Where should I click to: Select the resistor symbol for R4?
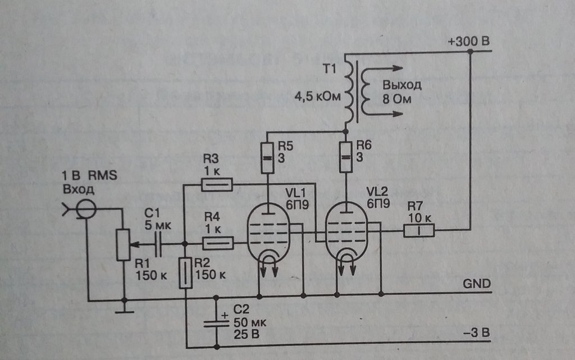pyautogui.click(x=217, y=243)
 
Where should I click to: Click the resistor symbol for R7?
pyautogui.click(x=419, y=230)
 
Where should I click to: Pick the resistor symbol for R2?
pyautogui.click(x=185, y=273)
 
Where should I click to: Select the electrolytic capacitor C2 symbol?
pyautogui.click(x=217, y=322)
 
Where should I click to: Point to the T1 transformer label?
pyautogui.click(x=330, y=70)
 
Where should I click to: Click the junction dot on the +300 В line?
pyautogui.click(x=471, y=52)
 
